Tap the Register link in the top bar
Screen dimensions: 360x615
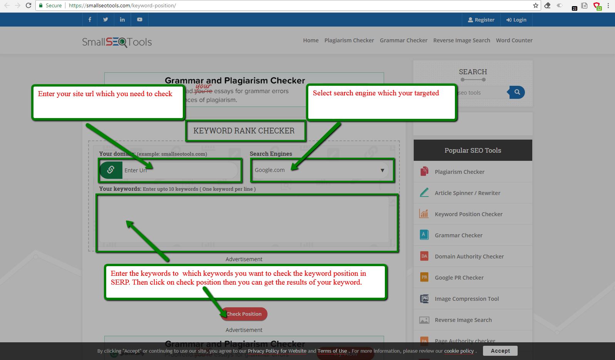[x=481, y=20]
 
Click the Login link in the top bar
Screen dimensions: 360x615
[x=516, y=20]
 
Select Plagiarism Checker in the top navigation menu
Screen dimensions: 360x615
[x=349, y=40]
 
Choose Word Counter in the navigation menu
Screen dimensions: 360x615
[x=514, y=40]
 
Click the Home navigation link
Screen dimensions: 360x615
[x=311, y=40]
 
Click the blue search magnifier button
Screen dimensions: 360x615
[x=517, y=92]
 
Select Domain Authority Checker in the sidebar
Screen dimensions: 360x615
[x=469, y=257]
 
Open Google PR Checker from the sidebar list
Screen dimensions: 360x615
[x=459, y=278]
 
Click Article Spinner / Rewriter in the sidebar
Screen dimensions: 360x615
[x=468, y=193]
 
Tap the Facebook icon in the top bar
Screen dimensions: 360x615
[x=90, y=20]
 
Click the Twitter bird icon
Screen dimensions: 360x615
[x=105, y=20]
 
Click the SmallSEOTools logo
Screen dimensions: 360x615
[x=117, y=42]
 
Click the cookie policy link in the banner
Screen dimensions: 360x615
[x=459, y=351]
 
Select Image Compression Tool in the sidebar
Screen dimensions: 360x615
[x=467, y=299]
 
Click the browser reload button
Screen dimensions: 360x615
[x=28, y=5]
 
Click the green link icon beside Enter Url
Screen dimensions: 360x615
[x=111, y=170]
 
